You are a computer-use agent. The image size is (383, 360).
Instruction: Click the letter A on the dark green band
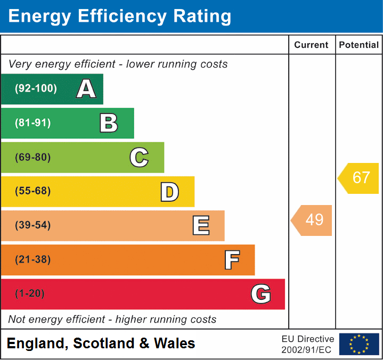pyautogui.click(x=86, y=89)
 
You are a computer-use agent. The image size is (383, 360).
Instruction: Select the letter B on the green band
pyautogui.click(x=109, y=123)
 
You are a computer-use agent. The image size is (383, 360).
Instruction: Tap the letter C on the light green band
pyautogui.click(x=139, y=157)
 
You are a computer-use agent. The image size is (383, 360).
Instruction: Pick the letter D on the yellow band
pyautogui.click(x=169, y=192)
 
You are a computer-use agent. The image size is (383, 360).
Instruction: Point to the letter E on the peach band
pyautogui.click(x=200, y=226)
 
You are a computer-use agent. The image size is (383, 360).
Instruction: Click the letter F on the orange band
pyautogui.click(x=231, y=260)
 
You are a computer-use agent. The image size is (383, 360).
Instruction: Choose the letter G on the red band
pyautogui.click(x=261, y=294)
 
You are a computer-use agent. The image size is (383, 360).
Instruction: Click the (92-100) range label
pyautogui.click(x=36, y=89)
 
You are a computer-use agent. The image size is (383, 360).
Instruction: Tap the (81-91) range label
pyautogui.click(x=33, y=123)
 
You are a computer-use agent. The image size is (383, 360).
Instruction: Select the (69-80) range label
pyautogui.click(x=33, y=157)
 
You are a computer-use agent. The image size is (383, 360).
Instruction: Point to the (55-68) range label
pyautogui.click(x=33, y=191)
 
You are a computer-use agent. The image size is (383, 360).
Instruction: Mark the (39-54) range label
pyautogui.click(x=33, y=225)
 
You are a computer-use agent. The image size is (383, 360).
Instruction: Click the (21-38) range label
pyautogui.click(x=33, y=260)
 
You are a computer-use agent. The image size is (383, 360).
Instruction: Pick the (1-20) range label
pyautogui.click(x=30, y=294)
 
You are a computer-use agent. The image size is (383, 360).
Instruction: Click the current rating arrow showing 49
pyautogui.click(x=312, y=220)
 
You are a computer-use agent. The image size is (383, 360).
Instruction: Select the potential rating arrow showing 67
pyautogui.click(x=359, y=178)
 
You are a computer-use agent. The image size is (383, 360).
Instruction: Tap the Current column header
pyautogui.click(x=312, y=45)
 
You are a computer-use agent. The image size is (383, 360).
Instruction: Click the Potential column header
pyautogui.click(x=359, y=45)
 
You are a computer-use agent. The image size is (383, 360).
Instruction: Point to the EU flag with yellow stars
pyautogui.click(x=359, y=344)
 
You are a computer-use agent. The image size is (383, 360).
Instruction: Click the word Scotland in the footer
pyautogui.click(x=103, y=343)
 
